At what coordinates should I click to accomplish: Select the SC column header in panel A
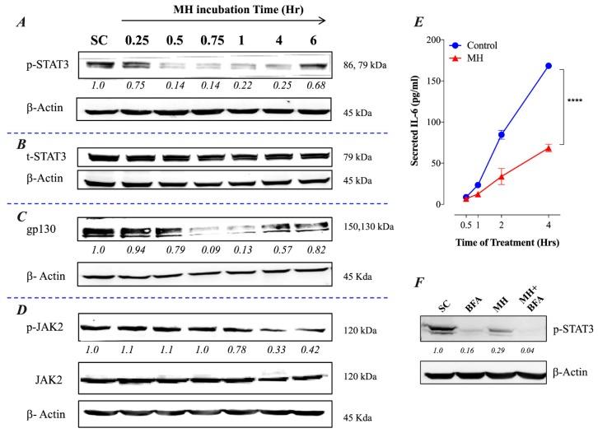click(100, 40)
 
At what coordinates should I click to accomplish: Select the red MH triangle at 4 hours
click(547, 148)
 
